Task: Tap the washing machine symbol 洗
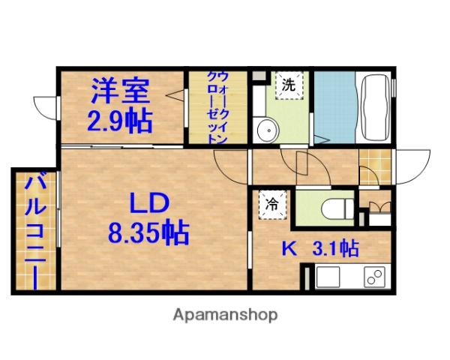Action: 288,85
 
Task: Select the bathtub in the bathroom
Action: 373,107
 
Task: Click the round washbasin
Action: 266,130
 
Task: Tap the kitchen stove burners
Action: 373,277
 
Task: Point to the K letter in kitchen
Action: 286,248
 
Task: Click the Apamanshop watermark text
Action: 224,314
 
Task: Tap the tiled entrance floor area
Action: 375,162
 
